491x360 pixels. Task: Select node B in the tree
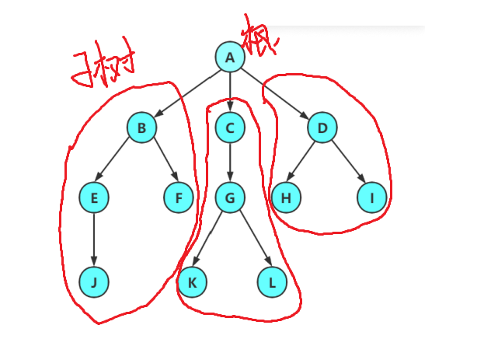[x=141, y=128]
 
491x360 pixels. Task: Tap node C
[x=230, y=128]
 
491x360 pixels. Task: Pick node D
[x=322, y=128]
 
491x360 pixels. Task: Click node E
[x=94, y=198]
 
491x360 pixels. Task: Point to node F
[x=179, y=198]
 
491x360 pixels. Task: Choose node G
[x=230, y=198]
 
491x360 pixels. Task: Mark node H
[x=286, y=198]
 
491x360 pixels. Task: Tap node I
[x=372, y=198]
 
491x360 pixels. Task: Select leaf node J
[x=94, y=282]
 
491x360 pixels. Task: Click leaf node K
[x=192, y=282]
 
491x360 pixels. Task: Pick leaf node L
[x=272, y=282]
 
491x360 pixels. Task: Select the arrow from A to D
[x=276, y=92]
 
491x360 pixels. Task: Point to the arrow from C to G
[x=230, y=163]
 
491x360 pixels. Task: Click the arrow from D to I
[x=347, y=163]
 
